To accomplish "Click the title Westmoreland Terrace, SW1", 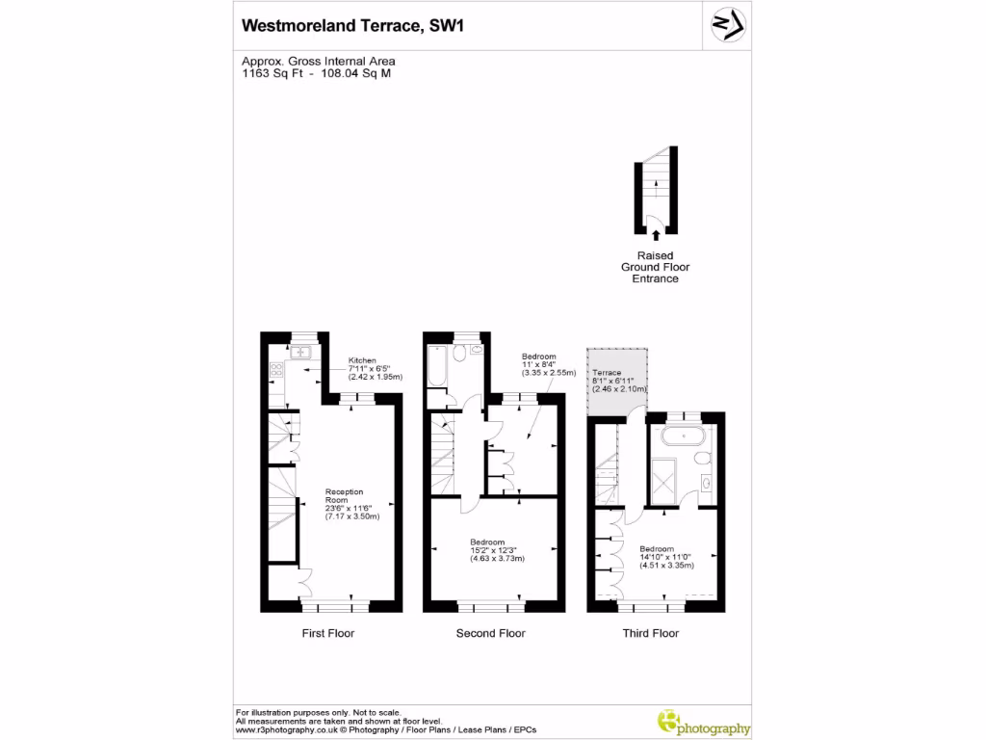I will click(x=352, y=26).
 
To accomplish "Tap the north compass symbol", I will click(x=726, y=26).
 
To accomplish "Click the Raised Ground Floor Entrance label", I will click(x=655, y=267).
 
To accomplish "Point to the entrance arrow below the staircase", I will click(x=656, y=233).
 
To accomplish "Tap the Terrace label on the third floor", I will click(x=608, y=373).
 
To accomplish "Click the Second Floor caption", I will click(x=490, y=633).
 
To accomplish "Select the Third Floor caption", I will click(x=651, y=633).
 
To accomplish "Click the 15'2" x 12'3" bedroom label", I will click(x=493, y=549).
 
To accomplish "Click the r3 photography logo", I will click(x=702, y=724).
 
